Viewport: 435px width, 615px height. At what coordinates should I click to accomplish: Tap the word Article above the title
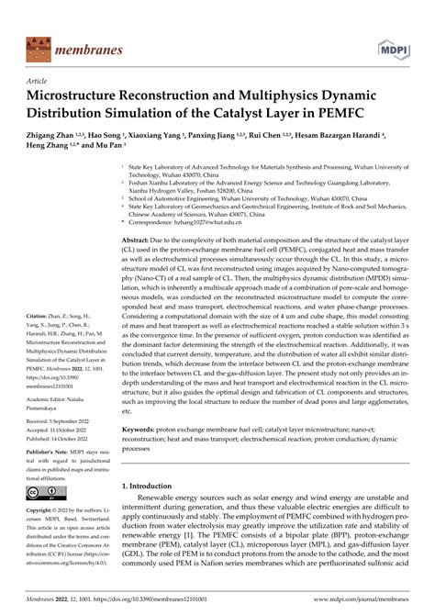[x=41, y=81]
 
